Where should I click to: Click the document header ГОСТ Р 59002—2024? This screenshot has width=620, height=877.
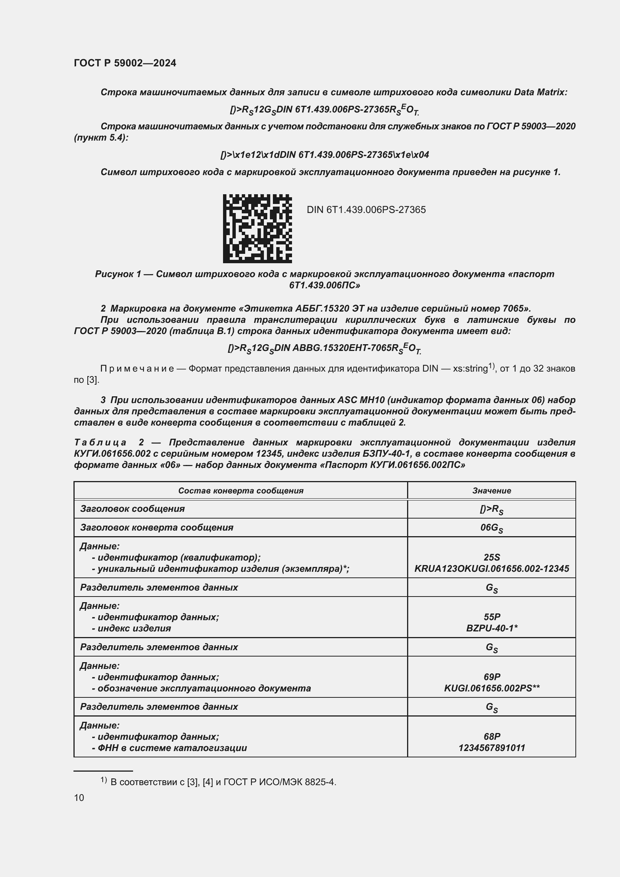(x=125, y=63)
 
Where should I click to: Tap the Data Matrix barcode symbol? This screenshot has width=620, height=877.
(x=257, y=228)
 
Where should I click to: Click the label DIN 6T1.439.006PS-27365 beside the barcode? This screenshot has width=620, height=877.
(x=366, y=210)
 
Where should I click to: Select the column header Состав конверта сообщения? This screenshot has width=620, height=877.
(x=241, y=491)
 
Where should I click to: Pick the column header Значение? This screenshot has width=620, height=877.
(x=491, y=491)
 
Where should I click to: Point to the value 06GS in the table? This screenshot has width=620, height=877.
(x=491, y=528)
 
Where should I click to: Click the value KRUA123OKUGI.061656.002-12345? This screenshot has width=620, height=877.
(x=491, y=569)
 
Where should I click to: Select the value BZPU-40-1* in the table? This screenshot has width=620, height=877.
(x=491, y=628)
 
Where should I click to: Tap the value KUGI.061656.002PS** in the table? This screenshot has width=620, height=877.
(x=491, y=688)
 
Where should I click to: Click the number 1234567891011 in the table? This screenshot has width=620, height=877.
(x=491, y=748)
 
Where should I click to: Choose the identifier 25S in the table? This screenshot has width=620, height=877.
(x=491, y=557)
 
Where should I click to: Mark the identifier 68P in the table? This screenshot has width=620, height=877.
(x=491, y=736)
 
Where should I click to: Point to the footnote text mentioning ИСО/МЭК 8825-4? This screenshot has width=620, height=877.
(x=223, y=782)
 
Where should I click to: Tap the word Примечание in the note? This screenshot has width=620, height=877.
(x=137, y=369)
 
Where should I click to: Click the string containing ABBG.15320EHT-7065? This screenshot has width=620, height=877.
(x=325, y=348)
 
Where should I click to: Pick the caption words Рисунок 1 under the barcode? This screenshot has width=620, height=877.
(x=118, y=274)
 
